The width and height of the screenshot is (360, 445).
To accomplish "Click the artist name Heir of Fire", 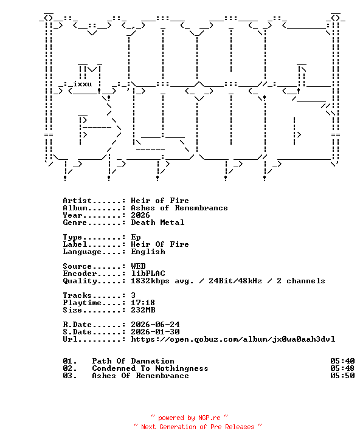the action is pos(160,201).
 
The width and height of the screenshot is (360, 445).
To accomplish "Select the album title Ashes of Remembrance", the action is pos(179,208).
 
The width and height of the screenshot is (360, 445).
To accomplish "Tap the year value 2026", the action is pos(140,215).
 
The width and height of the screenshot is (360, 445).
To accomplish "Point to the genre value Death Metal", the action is pos(157,222).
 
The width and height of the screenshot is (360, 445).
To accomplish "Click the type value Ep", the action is pos(136,237).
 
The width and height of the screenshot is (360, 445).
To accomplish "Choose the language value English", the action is pos(148,252).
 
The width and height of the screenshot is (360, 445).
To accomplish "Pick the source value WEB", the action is pos(138,266).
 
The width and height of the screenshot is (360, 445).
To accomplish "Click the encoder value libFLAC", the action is pos(148,274).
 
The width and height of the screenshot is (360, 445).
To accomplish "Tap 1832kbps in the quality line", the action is pos(150,281).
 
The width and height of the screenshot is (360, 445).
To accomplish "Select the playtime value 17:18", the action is pos(143,303).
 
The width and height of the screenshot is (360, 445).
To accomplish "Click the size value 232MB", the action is pos(143,310).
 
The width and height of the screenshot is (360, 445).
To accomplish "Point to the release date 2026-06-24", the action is pos(155,325).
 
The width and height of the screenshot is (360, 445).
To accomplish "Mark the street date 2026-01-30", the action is pos(155,332).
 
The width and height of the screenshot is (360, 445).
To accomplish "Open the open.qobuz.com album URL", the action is pos(233,339).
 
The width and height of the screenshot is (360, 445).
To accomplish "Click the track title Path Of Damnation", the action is pos(133,361).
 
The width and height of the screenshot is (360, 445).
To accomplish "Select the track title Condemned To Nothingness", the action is pos(150,368).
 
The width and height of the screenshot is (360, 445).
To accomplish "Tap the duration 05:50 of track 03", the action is pos(342,376).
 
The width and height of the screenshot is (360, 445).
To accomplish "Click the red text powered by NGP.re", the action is pos(189,418).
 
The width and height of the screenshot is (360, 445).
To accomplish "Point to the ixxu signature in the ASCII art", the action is pos(82,84).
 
